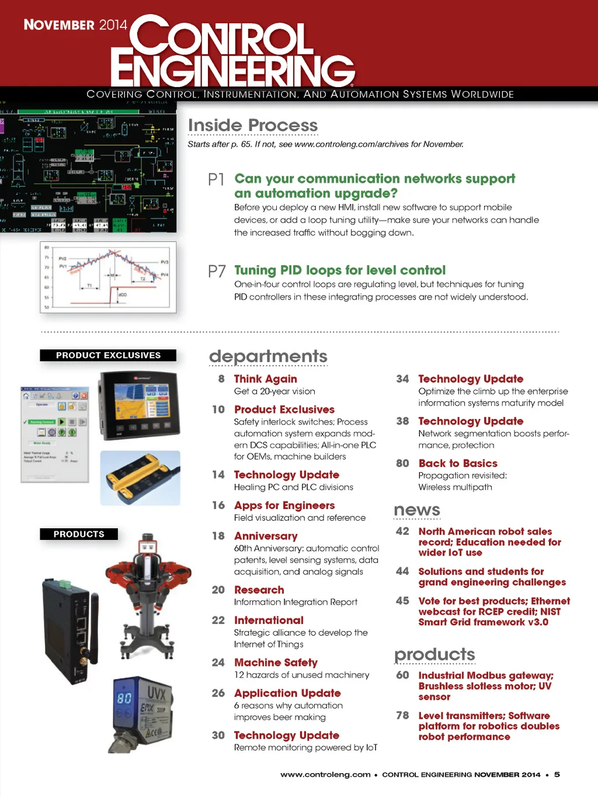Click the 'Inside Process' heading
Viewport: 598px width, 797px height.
pos(253,125)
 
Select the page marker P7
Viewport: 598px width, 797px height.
pos(217,271)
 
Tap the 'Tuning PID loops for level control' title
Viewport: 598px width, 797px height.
pos(340,270)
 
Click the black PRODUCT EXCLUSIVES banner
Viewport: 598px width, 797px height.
pos(108,355)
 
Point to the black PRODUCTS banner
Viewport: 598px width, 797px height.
pos(79,534)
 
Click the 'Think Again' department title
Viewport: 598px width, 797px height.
pos(265,379)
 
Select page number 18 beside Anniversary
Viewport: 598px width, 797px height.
pos(218,536)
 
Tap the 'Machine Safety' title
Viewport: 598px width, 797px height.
pos(276,662)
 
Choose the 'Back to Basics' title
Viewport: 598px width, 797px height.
pos(458,463)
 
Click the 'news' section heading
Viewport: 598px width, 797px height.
pos(417,510)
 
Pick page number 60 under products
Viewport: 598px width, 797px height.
pos(402,675)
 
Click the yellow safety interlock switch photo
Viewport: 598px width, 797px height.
pos(140,478)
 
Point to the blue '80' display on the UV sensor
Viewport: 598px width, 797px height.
pos(124,698)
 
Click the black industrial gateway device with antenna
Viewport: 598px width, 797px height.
pos(70,631)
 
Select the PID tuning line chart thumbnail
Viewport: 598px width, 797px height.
pos(108,277)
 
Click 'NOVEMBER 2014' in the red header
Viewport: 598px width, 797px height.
pos(75,25)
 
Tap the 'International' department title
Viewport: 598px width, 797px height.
pos(269,620)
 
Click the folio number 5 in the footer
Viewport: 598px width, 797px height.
pos(557,774)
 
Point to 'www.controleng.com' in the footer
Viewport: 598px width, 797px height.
pos(325,775)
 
